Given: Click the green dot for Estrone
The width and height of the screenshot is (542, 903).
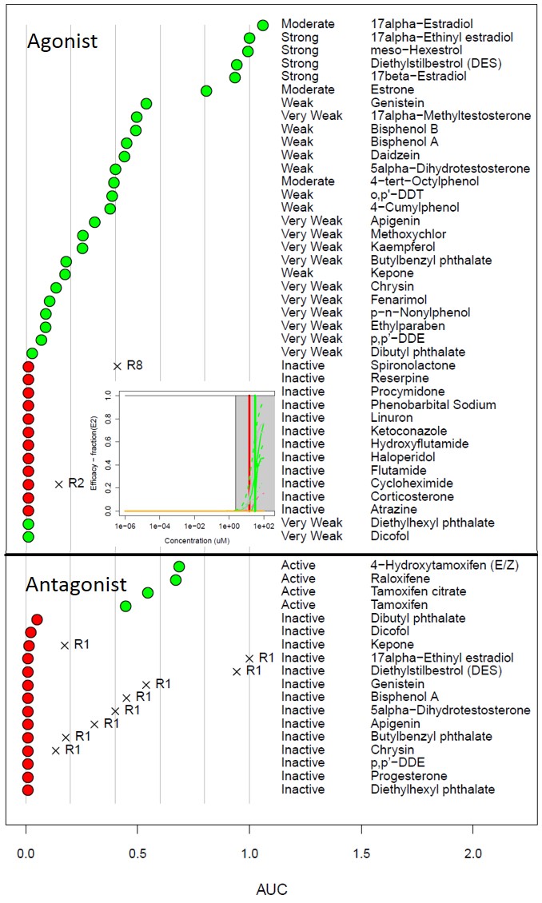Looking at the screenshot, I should pos(206,90).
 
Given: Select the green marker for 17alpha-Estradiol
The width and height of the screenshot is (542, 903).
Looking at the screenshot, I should pos(263,25).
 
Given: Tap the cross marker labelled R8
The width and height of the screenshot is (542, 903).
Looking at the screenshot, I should pos(118,365).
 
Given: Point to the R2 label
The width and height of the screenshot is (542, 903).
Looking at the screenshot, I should pos(76,483).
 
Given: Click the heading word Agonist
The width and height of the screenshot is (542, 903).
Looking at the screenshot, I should pos(62,41).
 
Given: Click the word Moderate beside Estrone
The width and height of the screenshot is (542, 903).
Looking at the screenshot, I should pos(308,90).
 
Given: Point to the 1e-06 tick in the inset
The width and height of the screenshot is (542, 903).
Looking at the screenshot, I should pos(125,527).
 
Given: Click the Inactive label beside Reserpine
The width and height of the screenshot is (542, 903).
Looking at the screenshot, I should pos(303,379).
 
